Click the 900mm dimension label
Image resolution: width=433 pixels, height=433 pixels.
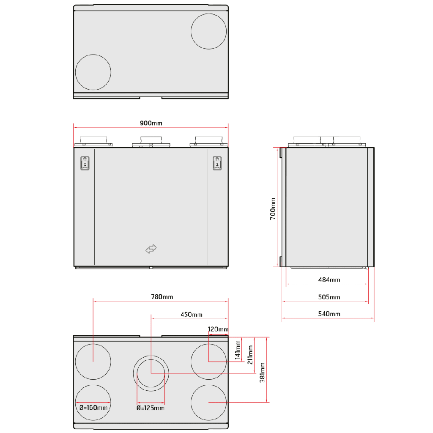(151, 123)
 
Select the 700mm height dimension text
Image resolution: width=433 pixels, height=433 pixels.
(273, 208)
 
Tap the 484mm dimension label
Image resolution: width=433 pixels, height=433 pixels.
(329, 280)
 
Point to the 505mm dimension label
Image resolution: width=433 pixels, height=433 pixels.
(329, 297)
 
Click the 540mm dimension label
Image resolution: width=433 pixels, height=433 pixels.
(329, 314)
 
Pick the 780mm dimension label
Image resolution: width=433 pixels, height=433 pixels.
(162, 297)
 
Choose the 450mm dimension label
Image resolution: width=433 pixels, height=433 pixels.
(191, 314)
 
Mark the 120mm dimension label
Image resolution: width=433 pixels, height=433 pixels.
(218, 329)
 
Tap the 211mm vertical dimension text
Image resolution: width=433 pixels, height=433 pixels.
(250, 354)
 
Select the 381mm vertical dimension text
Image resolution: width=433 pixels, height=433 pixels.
(263, 370)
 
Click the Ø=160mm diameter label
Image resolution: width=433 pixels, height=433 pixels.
(93, 408)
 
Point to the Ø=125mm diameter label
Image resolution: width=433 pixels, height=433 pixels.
(150, 408)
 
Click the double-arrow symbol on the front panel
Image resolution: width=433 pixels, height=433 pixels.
(151, 249)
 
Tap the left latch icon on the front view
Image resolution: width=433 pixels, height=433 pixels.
(85, 163)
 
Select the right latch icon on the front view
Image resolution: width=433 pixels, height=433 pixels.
(217, 163)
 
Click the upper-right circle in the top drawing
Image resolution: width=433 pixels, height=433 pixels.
(208, 31)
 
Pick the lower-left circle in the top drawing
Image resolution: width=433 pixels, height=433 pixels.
(93, 72)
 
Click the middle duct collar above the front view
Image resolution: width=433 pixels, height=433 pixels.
(151, 141)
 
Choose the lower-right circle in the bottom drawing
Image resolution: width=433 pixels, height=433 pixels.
(208, 403)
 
